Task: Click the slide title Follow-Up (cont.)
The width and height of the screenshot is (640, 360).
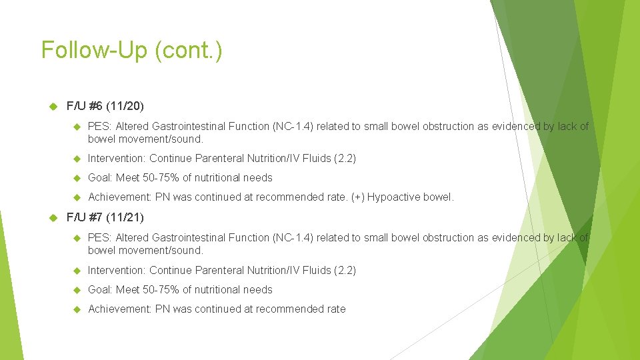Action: coord(131,51)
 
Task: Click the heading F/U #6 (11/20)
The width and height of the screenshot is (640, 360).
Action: coord(105,106)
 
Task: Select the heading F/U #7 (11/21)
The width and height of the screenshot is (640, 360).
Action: coord(105,217)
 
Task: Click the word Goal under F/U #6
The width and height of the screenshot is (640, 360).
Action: coord(99,178)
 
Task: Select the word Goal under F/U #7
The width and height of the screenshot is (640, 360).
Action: coord(99,289)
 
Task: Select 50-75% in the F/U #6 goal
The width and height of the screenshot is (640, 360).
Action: coord(160,178)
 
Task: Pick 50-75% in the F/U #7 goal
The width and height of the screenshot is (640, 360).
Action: coord(160,289)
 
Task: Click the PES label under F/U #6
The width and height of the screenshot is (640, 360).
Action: coord(99,126)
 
